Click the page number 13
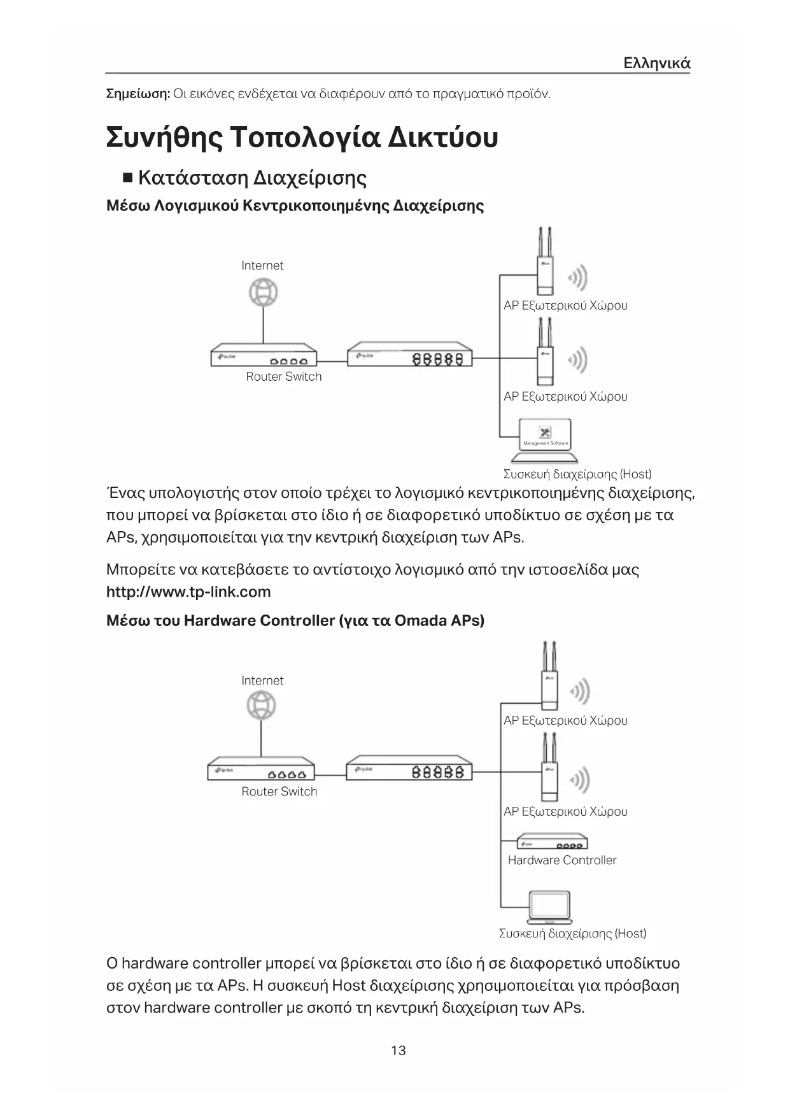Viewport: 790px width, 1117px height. tap(398, 1050)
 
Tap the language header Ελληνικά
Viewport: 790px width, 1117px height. tap(656, 63)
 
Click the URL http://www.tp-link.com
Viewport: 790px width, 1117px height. tap(188, 592)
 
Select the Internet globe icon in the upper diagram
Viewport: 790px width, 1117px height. tap(263, 294)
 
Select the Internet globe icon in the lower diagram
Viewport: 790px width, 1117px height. tap(262, 706)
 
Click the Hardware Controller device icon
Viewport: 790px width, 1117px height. tap(551, 842)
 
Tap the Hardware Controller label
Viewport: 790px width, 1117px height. tap(562, 860)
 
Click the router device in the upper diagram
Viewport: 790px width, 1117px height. tap(264, 357)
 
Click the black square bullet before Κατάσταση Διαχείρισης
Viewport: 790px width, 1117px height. tap(127, 177)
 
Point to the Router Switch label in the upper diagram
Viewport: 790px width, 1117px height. tap(284, 376)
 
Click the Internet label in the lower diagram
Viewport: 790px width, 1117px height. tap(262, 680)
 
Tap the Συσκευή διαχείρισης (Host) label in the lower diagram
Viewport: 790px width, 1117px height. tap(572, 934)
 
